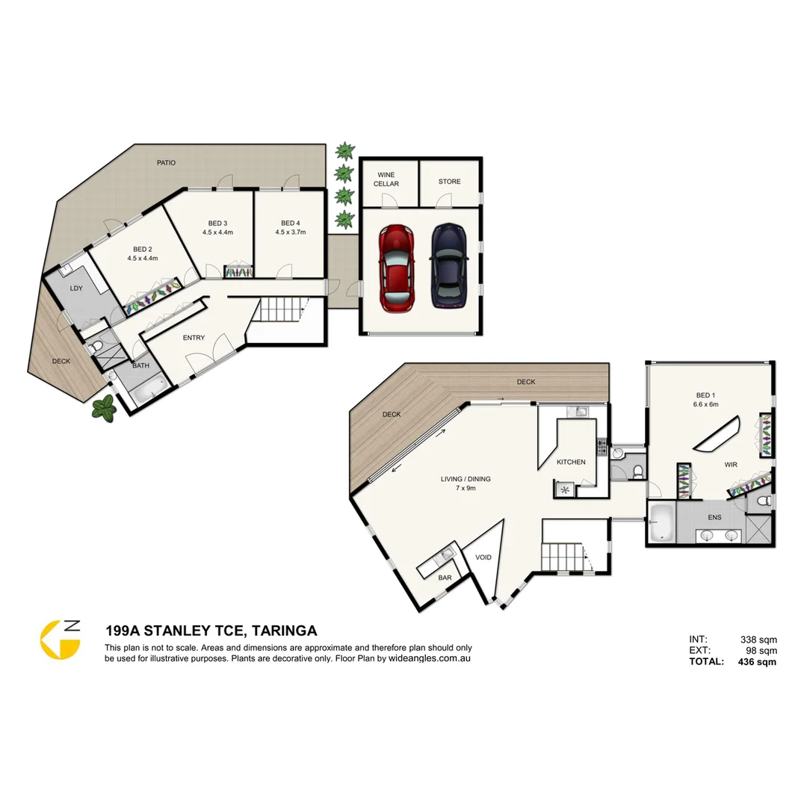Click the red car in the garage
[397, 268]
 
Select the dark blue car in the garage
[448, 265]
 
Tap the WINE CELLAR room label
[386, 179]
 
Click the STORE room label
[449, 182]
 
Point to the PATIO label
[167, 163]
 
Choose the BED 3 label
[217, 223]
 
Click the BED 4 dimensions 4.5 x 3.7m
[290, 232]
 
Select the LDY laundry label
[76, 288]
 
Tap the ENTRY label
[194, 338]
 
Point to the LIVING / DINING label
[466, 479]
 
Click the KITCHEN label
[571, 462]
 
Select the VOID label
[483, 557]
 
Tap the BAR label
[445, 578]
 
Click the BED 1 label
[705, 395]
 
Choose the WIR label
[730, 465]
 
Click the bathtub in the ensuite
[661, 522]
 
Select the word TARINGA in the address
[285, 631]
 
